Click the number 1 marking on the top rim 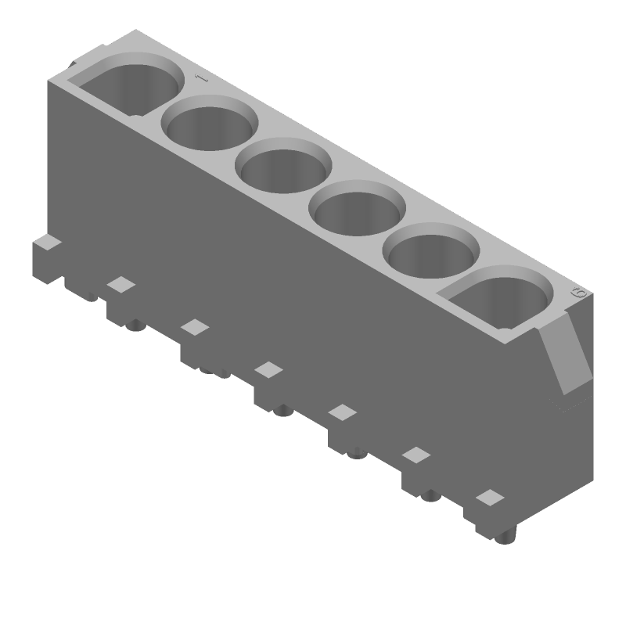[200, 78]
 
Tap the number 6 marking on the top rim [579, 293]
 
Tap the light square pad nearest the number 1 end [121, 284]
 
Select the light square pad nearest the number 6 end [491, 497]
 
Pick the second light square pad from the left [195, 326]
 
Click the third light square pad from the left [268, 369]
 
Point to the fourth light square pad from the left [343, 412]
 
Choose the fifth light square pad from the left [417, 455]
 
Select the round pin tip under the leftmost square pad [135, 323]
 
